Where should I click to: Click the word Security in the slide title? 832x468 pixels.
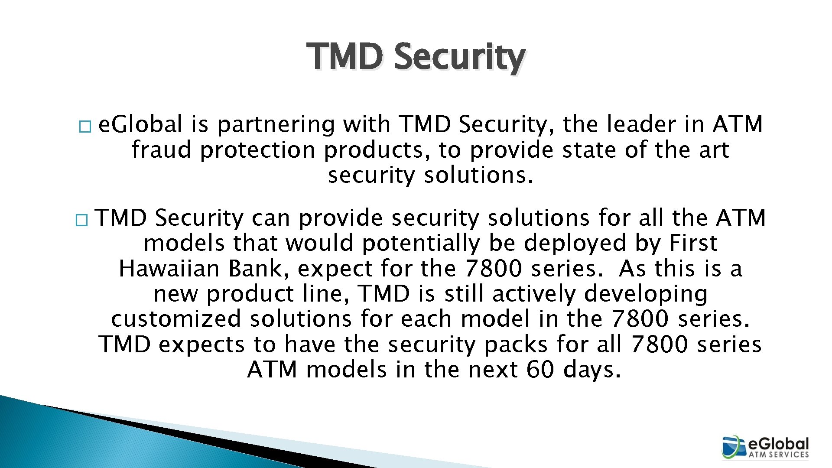coord(459,57)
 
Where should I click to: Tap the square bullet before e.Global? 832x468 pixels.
coord(85,127)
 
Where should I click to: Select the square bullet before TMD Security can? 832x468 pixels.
coord(81,221)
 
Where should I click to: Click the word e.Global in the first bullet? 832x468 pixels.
coord(140,125)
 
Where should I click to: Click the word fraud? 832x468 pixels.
coord(161,150)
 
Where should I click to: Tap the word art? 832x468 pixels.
coord(714,150)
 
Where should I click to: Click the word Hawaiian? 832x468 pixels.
coord(169,269)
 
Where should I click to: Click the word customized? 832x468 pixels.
coord(176,319)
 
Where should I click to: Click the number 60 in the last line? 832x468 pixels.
coord(540,370)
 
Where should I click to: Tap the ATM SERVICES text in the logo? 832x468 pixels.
coord(779,455)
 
